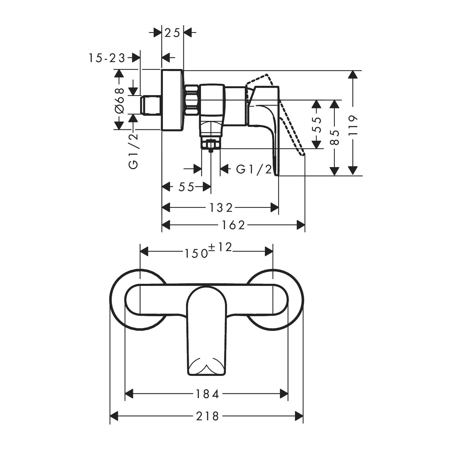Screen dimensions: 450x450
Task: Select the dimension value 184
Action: pos(207,394)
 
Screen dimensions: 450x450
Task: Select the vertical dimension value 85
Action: pos(335,138)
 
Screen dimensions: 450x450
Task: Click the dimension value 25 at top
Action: pos(172,32)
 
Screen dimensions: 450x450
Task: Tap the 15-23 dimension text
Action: pos(106,58)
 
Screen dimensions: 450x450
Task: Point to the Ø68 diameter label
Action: pos(119,100)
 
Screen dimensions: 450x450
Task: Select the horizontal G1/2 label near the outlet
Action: pos(254,170)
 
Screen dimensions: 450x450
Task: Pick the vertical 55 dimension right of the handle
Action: pos(316,124)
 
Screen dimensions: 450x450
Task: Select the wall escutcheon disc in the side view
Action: pos(172,100)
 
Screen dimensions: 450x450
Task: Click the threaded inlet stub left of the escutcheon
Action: pos(151,105)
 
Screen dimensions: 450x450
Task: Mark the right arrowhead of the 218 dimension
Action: pos(299,416)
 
